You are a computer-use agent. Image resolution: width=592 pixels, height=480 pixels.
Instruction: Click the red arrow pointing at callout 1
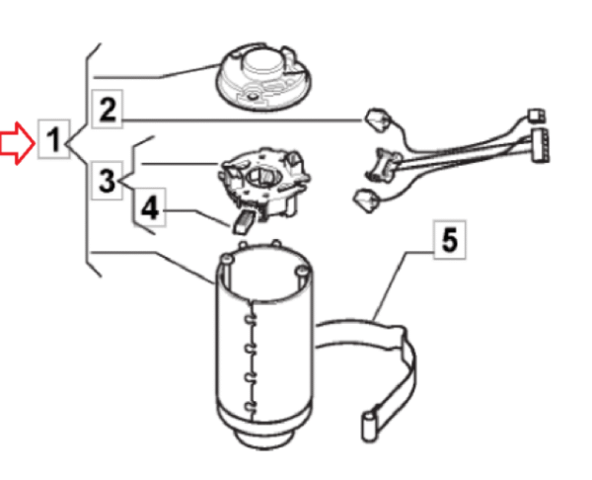[x=18, y=143]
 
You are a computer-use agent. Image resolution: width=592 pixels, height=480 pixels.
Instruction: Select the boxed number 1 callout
[x=54, y=139]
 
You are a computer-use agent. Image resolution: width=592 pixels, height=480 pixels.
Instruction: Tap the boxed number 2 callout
[x=108, y=110]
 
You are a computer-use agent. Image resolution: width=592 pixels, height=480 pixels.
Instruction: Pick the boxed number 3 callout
[x=108, y=181]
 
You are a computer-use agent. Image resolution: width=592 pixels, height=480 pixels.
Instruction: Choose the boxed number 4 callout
[x=150, y=207]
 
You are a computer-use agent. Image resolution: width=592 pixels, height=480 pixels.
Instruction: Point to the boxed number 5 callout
[x=449, y=240]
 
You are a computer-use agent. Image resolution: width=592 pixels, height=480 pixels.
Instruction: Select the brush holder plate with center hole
[x=264, y=183]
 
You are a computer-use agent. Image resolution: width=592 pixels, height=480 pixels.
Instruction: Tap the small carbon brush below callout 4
[x=243, y=221]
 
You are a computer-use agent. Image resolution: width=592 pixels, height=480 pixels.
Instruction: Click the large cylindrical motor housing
[x=264, y=344]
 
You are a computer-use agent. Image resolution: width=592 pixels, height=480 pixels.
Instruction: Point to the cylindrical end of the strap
[x=369, y=427]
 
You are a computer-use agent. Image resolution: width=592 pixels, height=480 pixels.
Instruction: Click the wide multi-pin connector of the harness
[x=541, y=145]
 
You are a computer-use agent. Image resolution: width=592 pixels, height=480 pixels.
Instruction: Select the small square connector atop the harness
[x=536, y=116]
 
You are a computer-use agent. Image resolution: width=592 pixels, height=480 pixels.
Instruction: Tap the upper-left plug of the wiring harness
[x=378, y=120]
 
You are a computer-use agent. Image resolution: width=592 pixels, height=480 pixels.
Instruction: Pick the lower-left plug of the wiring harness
[x=366, y=200]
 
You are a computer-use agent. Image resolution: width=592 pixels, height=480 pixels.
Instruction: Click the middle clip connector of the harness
[x=382, y=164]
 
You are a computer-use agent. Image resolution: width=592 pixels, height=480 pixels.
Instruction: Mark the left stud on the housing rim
[x=226, y=259]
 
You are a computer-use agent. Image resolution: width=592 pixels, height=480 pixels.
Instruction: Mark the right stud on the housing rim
[x=301, y=271]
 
